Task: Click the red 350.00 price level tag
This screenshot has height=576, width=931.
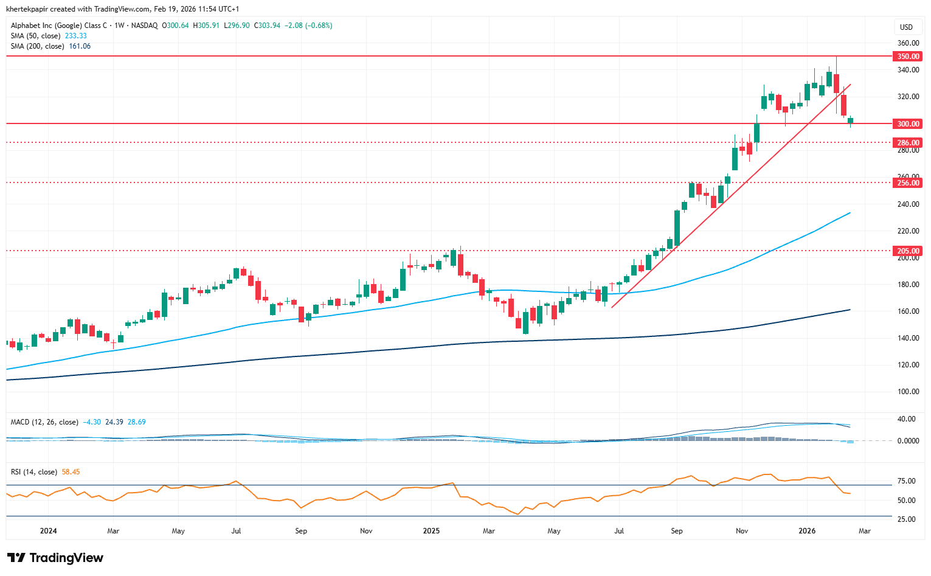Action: (907, 56)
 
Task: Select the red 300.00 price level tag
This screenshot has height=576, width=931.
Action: (907, 123)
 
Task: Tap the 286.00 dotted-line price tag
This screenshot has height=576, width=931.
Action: (907, 143)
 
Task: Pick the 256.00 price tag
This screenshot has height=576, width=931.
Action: (907, 182)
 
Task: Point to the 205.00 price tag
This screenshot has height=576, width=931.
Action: (907, 251)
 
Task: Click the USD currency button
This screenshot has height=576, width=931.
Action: (906, 27)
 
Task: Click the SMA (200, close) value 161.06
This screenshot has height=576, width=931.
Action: (80, 46)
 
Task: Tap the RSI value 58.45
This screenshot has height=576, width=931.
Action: (71, 472)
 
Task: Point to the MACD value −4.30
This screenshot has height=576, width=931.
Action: (92, 422)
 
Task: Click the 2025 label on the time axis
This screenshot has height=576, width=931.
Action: (431, 531)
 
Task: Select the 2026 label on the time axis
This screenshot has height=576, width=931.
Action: (807, 531)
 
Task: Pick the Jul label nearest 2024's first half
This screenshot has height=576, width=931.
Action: (236, 531)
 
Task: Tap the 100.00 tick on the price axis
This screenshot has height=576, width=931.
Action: (908, 392)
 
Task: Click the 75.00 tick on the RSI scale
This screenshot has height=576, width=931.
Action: (906, 481)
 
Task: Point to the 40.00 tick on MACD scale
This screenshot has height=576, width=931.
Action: (906, 419)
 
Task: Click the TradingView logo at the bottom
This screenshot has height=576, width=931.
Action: (55, 558)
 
